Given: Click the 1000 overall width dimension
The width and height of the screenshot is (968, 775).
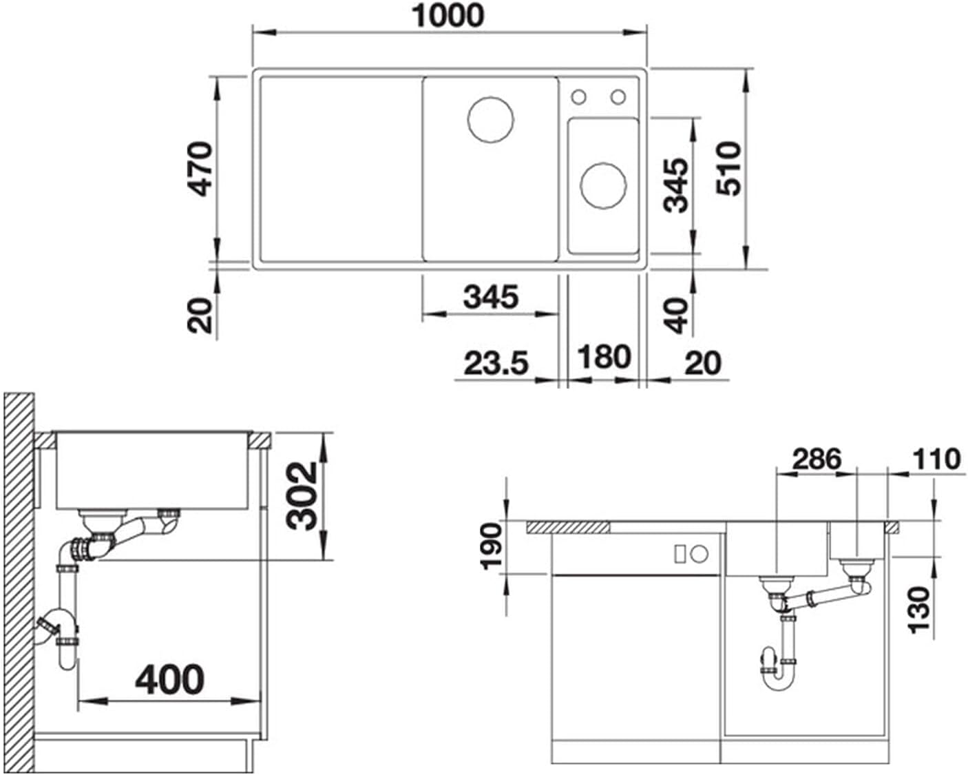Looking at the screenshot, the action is tap(448, 16).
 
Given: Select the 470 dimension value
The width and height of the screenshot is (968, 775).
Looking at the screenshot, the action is tap(200, 169).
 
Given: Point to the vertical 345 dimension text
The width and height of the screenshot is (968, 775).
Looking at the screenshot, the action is tap(675, 185).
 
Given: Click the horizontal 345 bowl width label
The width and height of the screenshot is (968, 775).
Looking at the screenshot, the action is tap(491, 297).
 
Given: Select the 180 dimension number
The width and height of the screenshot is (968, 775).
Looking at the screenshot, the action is tap(604, 357).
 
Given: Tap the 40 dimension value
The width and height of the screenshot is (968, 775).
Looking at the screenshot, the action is tap(675, 316).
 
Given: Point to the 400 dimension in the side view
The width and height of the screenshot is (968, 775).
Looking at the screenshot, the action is tap(170, 679).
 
